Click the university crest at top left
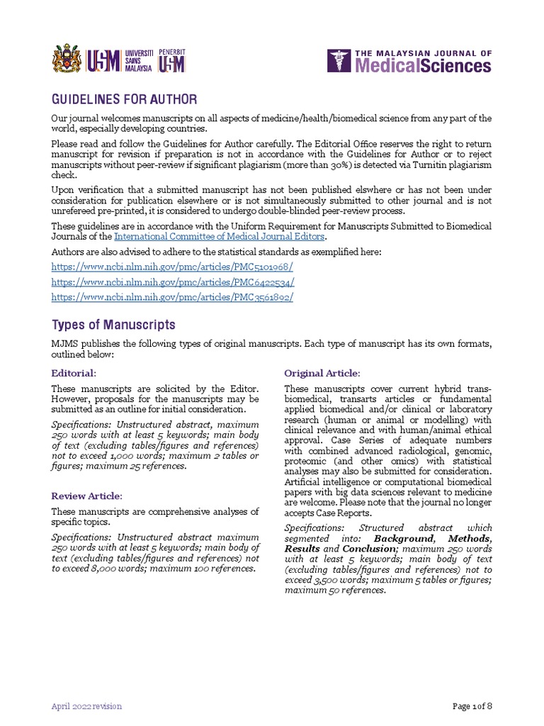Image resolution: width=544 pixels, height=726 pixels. [x=67, y=60]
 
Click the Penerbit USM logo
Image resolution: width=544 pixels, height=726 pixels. [x=173, y=60]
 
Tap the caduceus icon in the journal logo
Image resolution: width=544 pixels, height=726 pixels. [x=339, y=61]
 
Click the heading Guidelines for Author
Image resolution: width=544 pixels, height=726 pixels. [x=125, y=99]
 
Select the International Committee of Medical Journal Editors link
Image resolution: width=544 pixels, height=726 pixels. [x=219, y=236]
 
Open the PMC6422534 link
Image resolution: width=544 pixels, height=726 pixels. [x=172, y=281]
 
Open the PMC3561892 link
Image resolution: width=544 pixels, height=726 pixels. [x=172, y=297]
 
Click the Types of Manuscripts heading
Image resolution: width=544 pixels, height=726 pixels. [x=113, y=325]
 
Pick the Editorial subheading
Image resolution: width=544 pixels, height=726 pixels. [x=73, y=373]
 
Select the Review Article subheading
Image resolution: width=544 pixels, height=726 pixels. [x=86, y=496]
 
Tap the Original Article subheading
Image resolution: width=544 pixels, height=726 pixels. [x=322, y=373]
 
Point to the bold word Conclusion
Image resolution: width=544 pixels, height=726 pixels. [x=369, y=549]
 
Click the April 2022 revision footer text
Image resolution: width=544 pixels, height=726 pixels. [x=86, y=706]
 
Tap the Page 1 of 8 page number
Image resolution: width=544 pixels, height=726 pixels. [x=472, y=706]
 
